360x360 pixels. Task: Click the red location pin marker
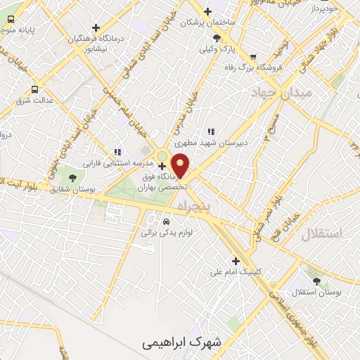pos(181,165)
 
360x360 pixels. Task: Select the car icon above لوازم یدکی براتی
pos(167,219)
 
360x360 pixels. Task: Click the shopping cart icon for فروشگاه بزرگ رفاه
pos(253,58)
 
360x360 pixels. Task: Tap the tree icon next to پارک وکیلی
pos(217,38)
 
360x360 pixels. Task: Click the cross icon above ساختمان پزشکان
pos(207,11)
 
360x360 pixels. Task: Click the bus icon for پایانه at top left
pos(11,20)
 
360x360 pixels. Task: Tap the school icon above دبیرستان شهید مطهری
pos(210,131)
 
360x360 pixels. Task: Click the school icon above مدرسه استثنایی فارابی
pos(117,152)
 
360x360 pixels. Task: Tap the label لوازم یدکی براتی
pos(167,230)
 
